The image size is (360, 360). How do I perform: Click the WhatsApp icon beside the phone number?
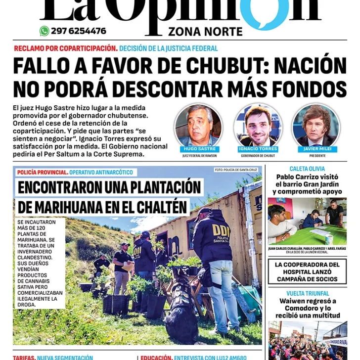pos(44,31)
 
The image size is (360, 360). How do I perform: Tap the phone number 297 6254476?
pos(78,31)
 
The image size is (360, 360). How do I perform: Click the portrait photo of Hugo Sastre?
pos(198,126)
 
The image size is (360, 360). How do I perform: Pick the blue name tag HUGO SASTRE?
pos(198,149)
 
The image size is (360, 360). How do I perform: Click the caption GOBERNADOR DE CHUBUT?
pos(258,156)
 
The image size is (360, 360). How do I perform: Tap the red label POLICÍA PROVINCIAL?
pos(42,172)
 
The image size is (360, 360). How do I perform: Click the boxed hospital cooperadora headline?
pos(307,272)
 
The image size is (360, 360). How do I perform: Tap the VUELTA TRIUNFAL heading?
pos(307,293)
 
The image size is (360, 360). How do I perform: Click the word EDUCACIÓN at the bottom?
pos(155,357)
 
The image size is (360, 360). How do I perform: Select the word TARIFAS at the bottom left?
pos(24,357)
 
